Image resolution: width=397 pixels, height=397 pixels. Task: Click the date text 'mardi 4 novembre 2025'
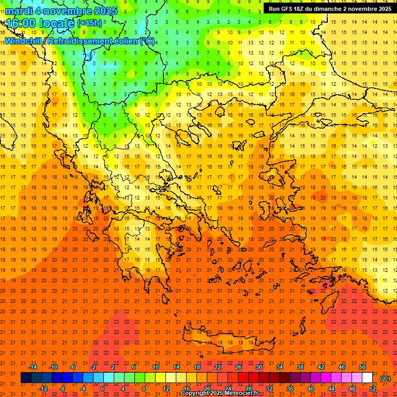coord(61,11)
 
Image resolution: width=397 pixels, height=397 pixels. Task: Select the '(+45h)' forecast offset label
coord(89,23)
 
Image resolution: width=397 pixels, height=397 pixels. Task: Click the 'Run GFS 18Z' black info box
coord(329,9)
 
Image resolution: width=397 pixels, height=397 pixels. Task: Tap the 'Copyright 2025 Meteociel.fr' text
coord(219,393)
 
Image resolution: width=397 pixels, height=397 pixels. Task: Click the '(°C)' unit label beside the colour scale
coord(385,378)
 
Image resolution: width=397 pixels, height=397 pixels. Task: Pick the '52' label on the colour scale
coord(373,389)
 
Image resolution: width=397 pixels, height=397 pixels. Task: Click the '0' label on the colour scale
coord(102,389)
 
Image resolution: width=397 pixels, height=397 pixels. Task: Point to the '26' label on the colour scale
coord(238,367)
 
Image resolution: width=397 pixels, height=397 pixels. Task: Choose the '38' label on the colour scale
coord(300,367)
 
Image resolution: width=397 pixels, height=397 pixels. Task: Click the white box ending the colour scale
coord(368,378)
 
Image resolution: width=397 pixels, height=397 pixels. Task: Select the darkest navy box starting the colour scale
coord(26,378)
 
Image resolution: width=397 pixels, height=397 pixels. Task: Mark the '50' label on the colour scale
coord(362,367)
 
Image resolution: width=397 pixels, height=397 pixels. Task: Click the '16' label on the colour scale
coord(187,389)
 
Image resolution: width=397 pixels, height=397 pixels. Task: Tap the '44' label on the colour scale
coord(331,389)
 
